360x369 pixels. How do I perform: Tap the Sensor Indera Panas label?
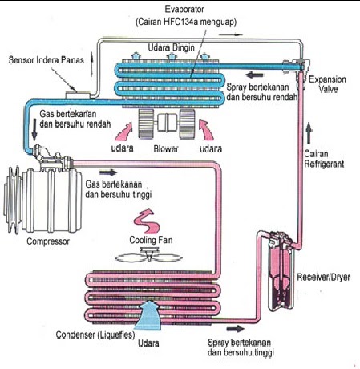[x=45, y=60]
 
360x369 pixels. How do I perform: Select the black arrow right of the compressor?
[x=107, y=171]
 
